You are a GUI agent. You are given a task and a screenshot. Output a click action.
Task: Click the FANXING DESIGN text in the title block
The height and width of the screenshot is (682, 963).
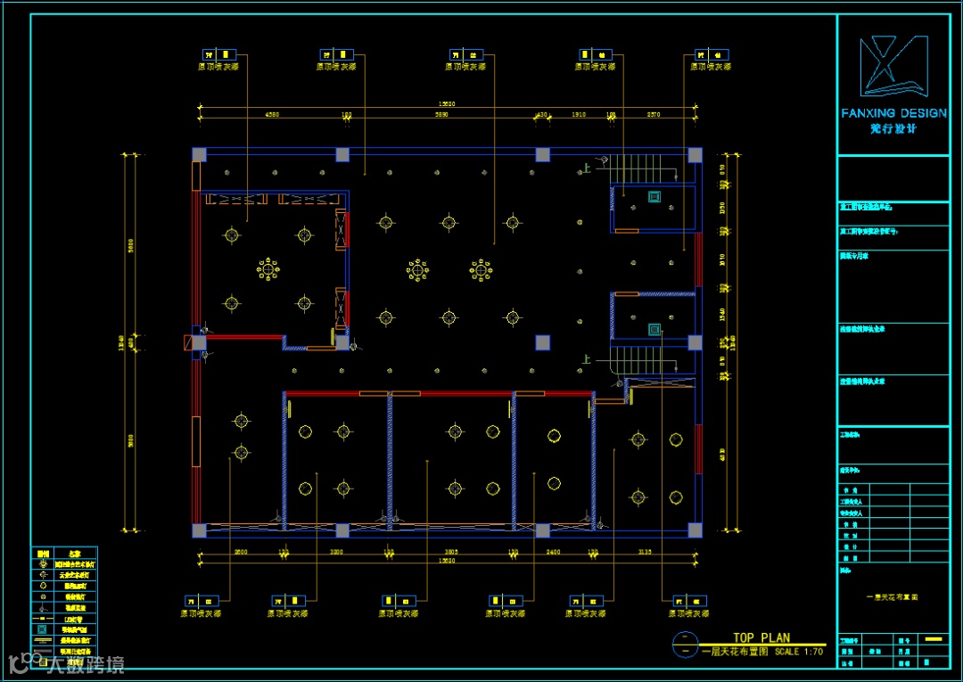pyautogui.click(x=893, y=113)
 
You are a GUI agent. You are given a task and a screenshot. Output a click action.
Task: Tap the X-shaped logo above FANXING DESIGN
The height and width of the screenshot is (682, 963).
pyautogui.click(x=893, y=66)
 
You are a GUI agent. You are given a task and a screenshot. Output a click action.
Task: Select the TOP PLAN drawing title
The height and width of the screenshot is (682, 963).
pyautogui.click(x=761, y=637)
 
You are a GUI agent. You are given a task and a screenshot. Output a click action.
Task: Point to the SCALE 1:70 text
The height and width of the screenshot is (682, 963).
pyautogui.click(x=799, y=652)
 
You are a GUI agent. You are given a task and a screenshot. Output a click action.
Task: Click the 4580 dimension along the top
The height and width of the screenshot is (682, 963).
pyautogui.click(x=272, y=115)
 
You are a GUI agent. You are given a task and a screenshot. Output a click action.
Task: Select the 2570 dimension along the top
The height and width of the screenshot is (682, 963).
pyautogui.click(x=654, y=115)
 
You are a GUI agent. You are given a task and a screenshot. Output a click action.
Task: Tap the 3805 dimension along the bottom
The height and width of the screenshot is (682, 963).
pyautogui.click(x=451, y=553)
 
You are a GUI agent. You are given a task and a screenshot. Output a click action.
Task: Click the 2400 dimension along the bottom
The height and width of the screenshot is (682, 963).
pyautogui.click(x=553, y=553)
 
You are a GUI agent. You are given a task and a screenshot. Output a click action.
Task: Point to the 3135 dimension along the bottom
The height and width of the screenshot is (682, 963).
pyautogui.click(x=646, y=553)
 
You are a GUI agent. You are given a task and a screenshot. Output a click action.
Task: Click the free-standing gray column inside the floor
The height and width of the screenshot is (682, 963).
pyautogui.click(x=542, y=342)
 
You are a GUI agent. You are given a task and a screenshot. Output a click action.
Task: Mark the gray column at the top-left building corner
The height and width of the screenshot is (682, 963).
pyautogui.click(x=199, y=154)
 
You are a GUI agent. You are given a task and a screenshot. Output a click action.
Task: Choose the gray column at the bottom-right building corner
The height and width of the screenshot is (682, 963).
pyautogui.click(x=695, y=530)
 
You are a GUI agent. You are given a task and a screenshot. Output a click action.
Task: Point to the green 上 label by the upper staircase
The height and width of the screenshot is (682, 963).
pyautogui.click(x=587, y=168)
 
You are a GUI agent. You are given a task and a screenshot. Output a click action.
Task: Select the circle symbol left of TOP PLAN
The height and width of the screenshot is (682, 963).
pyautogui.click(x=684, y=644)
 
